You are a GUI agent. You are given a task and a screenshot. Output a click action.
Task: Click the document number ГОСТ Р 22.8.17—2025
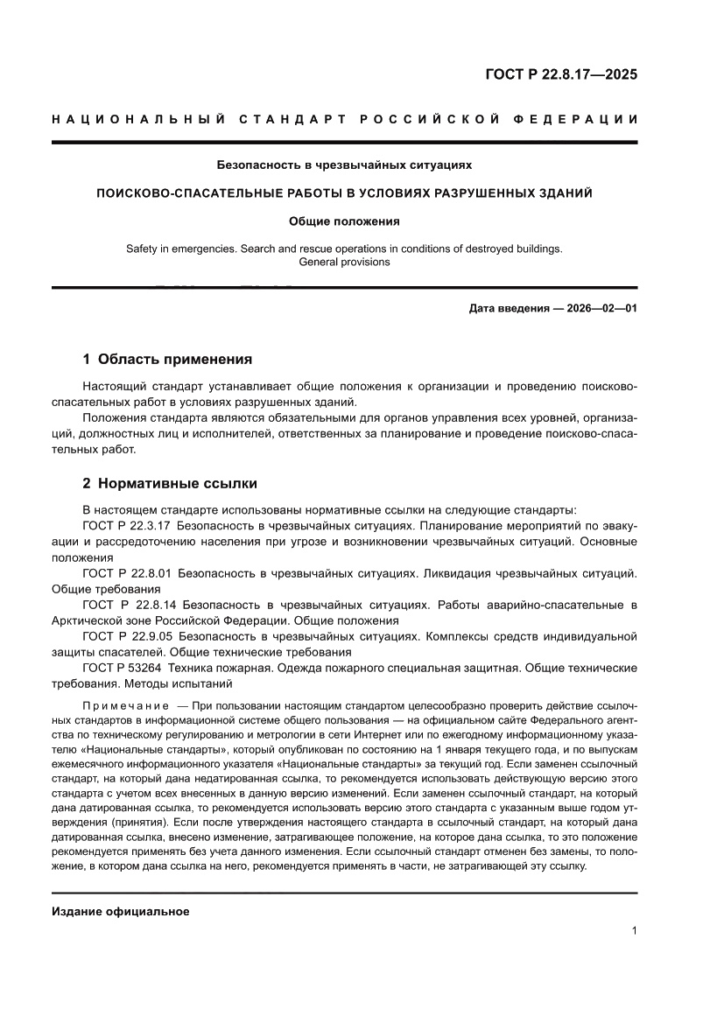561,74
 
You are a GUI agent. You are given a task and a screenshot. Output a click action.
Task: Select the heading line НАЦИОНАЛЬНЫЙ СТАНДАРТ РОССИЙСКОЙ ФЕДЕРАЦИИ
344,119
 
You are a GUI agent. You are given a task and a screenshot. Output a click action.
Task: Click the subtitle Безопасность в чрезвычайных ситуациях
344,165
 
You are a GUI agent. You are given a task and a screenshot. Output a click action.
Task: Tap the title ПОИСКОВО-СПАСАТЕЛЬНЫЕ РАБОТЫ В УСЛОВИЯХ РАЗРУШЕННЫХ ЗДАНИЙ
344,193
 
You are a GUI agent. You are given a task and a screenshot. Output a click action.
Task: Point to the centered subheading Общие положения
344,221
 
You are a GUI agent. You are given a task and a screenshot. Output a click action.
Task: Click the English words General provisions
344,262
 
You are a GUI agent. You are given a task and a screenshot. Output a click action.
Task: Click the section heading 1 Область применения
166,359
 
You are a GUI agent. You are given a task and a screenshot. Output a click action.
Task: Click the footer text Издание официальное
121,911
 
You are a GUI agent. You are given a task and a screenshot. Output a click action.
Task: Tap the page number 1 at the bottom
633,931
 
